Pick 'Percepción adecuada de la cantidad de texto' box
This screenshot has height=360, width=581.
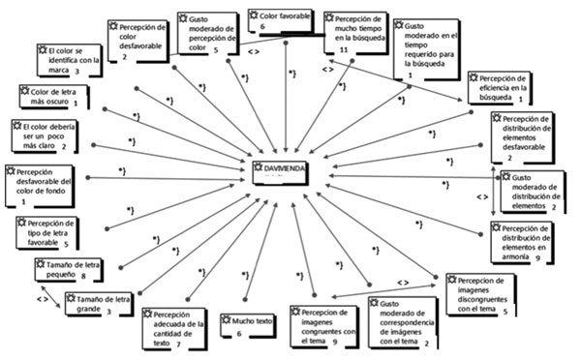177,328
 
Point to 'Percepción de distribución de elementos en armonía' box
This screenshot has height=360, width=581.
522,241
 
